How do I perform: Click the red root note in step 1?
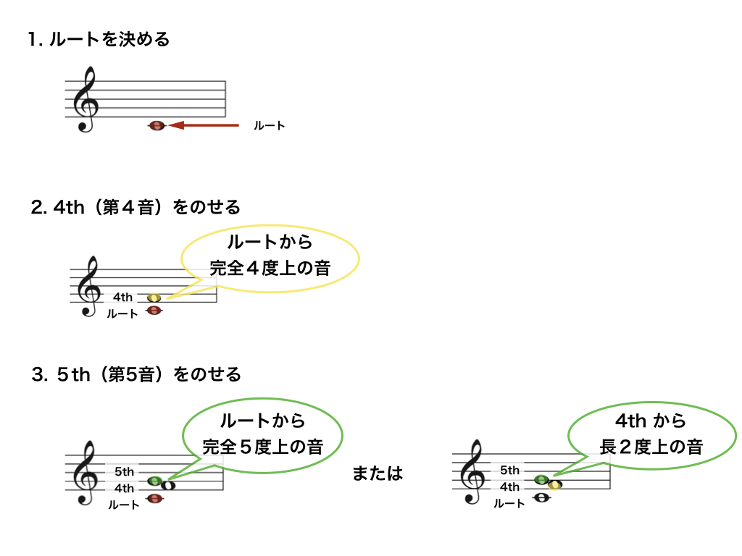[x=157, y=126]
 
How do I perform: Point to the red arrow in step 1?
[x=204, y=125]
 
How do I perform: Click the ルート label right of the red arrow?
[x=270, y=126]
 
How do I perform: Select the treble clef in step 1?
[x=86, y=99]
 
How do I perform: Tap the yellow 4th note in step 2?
[x=154, y=298]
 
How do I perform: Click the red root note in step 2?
[x=154, y=310]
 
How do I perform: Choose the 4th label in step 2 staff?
[x=122, y=297]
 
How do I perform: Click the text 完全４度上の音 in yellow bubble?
[x=270, y=268]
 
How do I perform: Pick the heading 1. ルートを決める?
[x=99, y=39]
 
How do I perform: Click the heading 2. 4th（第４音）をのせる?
[x=136, y=207]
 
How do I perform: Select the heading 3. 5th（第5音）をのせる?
[x=136, y=374]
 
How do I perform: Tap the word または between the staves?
[x=377, y=473]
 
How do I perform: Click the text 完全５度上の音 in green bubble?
[x=262, y=447]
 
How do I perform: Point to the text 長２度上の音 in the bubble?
[x=651, y=447]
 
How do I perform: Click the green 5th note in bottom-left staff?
[x=155, y=481]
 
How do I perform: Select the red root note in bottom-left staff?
[x=155, y=498]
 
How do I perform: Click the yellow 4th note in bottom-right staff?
[x=554, y=485]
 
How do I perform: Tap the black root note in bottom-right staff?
[x=541, y=497]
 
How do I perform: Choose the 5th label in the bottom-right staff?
[x=509, y=470]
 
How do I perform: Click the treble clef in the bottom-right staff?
[x=472, y=472]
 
